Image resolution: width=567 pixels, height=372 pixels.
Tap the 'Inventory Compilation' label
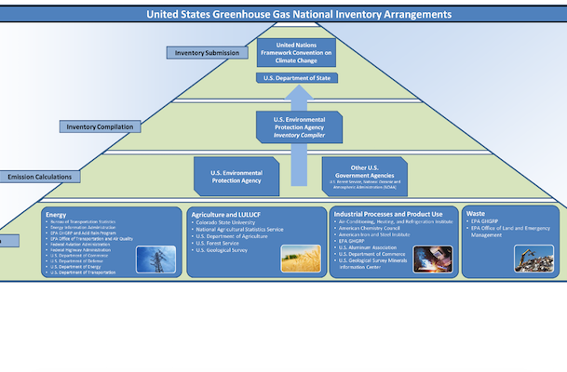point(100,126)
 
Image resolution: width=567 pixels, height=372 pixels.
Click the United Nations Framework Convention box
point(297,51)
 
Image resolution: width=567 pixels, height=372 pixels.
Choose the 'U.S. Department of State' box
point(297,78)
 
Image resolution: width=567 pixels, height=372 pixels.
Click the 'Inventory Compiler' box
point(297,127)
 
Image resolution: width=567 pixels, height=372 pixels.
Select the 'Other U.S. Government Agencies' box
point(365,175)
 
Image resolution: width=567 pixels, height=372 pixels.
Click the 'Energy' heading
point(56,214)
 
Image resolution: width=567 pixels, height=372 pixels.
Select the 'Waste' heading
point(477,214)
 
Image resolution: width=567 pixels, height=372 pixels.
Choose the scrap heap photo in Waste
point(533,258)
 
